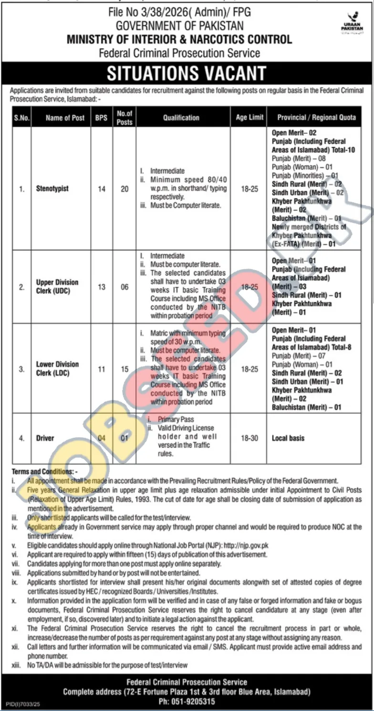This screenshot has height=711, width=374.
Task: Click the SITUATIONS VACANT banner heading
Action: point(187,73)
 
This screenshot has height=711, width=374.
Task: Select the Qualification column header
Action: point(181,118)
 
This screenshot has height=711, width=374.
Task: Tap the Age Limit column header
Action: point(249,118)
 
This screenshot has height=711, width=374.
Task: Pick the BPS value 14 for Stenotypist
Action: point(102,189)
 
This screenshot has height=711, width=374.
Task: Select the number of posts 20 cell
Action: point(125,189)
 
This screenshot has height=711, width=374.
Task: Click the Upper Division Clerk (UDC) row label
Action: point(57,287)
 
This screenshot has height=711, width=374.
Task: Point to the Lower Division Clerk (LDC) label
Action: point(57,368)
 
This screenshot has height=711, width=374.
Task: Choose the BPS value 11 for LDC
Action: point(102,368)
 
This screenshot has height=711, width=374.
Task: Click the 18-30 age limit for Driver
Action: point(249,438)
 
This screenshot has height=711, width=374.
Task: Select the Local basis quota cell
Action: point(288,438)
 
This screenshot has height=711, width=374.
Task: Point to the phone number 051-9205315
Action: point(187,702)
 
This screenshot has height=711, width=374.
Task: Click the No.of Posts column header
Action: point(125,118)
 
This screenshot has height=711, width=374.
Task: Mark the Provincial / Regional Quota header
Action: point(316,118)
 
